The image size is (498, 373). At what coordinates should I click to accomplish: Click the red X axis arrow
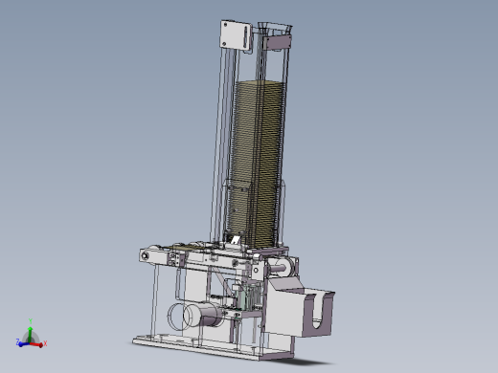pyautogui.click(x=39, y=340)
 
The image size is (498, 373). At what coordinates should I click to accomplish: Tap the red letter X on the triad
pyautogui.click(x=46, y=342)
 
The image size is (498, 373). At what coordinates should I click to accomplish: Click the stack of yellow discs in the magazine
pyautogui.click(x=257, y=153)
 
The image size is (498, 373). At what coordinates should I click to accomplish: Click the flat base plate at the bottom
pyautogui.click(x=192, y=343)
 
